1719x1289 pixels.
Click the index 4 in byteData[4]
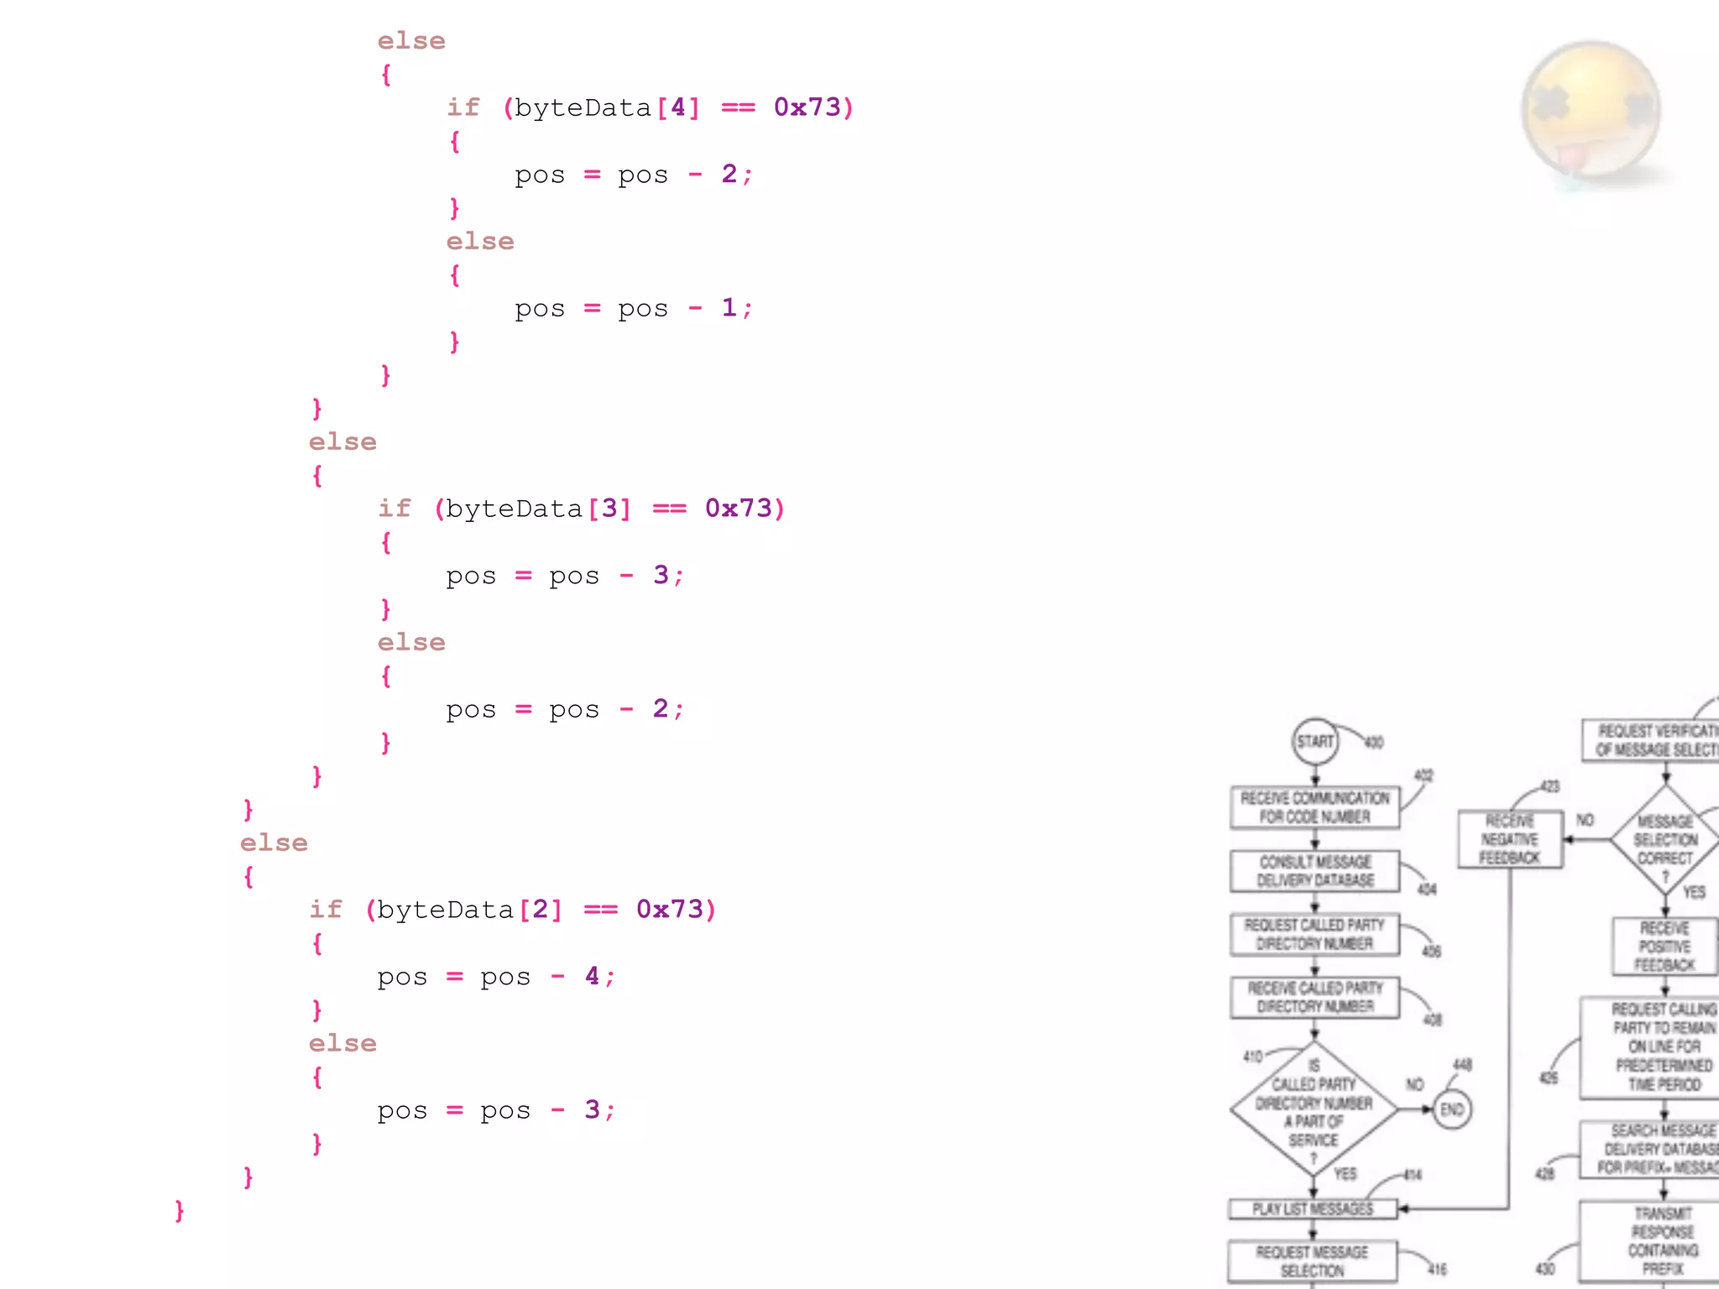(678, 107)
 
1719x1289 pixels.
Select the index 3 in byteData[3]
(609, 509)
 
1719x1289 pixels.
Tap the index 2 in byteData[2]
(541, 910)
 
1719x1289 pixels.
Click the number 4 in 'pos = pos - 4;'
(592, 976)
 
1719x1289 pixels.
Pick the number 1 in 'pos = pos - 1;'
(729, 308)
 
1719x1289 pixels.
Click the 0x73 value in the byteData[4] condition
(807, 107)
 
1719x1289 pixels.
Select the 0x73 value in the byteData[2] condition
(669, 910)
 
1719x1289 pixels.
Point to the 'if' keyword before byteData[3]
(394, 509)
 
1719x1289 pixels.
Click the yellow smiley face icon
(1590, 109)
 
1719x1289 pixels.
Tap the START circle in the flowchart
(1314, 741)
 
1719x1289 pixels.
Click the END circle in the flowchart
(1451, 1109)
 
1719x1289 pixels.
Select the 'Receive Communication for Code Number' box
(1314, 807)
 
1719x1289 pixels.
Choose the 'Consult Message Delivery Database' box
(1314, 871)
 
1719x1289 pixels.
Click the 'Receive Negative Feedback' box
(1509, 839)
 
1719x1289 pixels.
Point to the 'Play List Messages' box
(1313, 1208)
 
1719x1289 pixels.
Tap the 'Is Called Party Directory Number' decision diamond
(1314, 1109)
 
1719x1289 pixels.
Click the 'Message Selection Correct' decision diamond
(1665, 839)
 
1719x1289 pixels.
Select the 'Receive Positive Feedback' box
(1664, 947)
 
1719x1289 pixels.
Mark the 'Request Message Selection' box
(1312, 1260)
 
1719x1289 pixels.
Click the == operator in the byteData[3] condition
(669, 509)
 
